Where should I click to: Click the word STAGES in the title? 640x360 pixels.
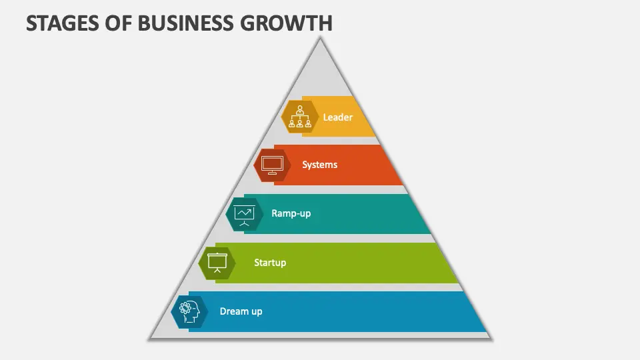[x=63, y=23]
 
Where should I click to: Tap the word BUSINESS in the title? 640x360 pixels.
[x=186, y=23]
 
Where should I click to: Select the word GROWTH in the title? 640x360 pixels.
[x=287, y=23]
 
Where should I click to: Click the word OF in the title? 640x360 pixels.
[x=119, y=23]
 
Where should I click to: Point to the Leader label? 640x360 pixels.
[x=337, y=117]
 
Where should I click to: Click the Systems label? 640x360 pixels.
[x=319, y=165]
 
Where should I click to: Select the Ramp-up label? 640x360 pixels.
[x=291, y=213]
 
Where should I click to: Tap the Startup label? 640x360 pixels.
[x=270, y=263]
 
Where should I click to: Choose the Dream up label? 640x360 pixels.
[x=241, y=311]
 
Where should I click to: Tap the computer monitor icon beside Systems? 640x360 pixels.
[x=272, y=165]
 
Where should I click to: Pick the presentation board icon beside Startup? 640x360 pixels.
[x=217, y=263]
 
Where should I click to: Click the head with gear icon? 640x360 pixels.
[x=189, y=312]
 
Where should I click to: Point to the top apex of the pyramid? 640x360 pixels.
[x=320, y=38]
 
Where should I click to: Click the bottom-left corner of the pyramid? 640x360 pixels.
[x=149, y=339]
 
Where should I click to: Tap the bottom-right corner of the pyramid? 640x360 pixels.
[x=491, y=339]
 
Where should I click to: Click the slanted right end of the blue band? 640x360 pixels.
[x=475, y=311]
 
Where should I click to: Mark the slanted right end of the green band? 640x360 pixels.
[x=447, y=263]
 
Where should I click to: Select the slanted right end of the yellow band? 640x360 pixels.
[x=364, y=116]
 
